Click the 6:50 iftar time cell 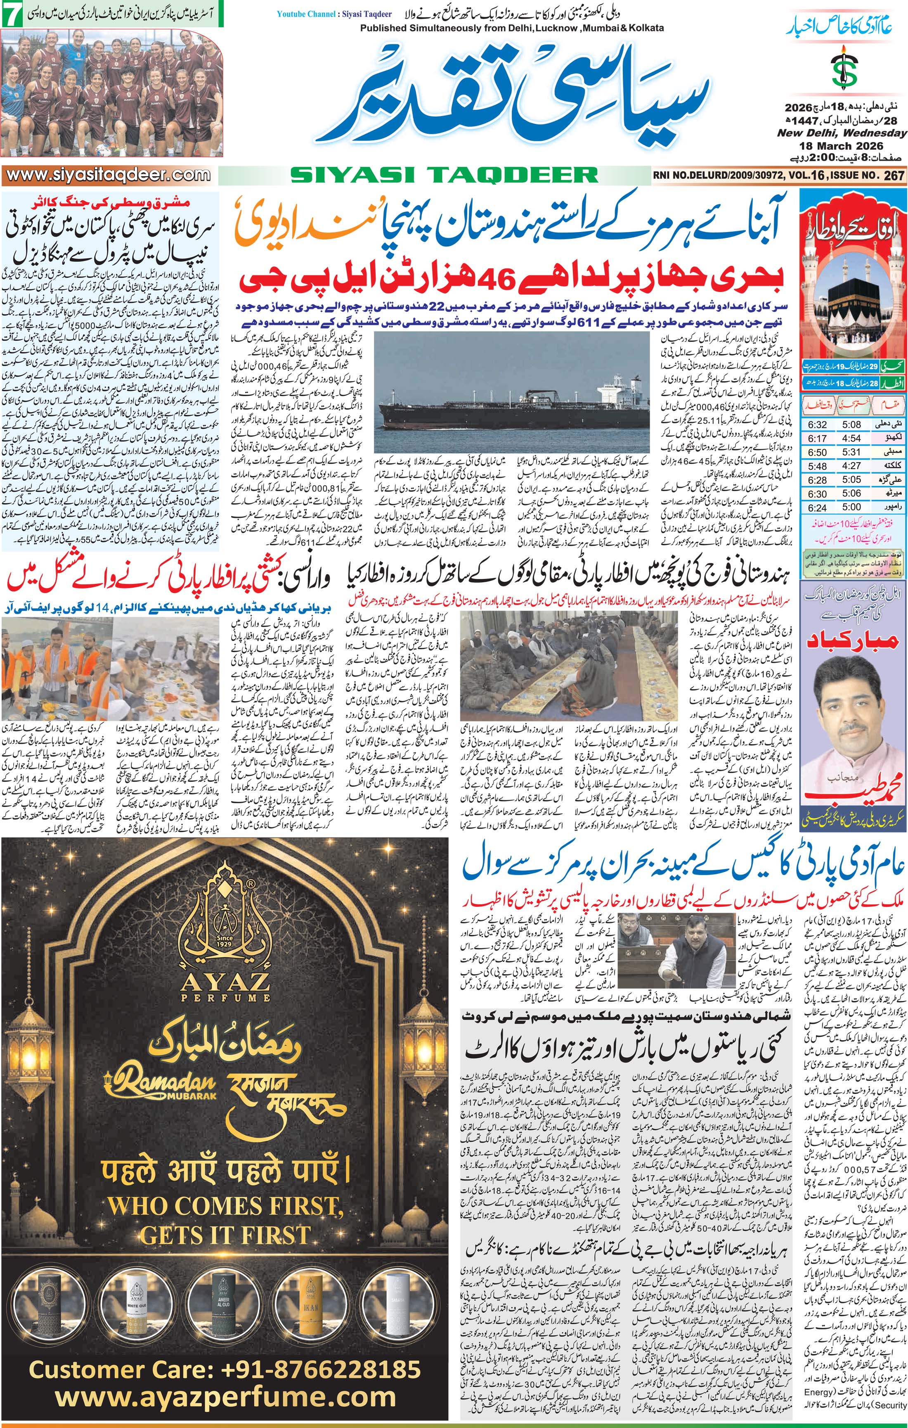[x=817, y=452]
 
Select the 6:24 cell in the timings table [x=817, y=507]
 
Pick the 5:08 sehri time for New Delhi [x=851, y=425]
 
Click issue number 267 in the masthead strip [x=894, y=175]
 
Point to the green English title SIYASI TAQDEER [x=445, y=175]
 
